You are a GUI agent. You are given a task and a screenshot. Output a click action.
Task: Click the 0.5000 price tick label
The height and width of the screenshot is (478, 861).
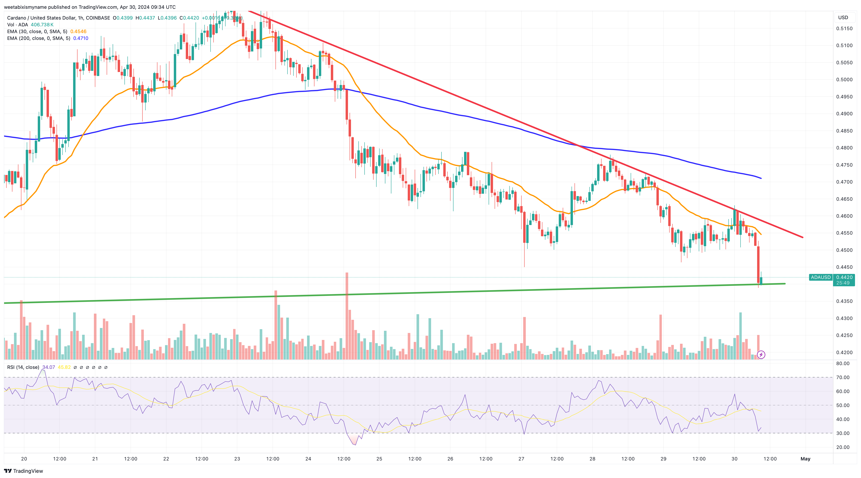coord(844,79)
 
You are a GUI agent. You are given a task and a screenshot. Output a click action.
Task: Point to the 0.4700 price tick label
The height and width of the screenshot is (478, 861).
coord(844,182)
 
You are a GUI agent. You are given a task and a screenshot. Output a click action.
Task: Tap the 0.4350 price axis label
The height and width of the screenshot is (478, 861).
coord(844,301)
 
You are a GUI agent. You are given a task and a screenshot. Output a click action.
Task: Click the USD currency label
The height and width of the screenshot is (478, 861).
coord(843,17)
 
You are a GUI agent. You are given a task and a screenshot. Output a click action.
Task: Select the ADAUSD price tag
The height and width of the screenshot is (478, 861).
coord(821,277)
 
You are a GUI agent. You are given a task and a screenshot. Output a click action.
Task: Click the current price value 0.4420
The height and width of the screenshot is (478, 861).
coord(844,277)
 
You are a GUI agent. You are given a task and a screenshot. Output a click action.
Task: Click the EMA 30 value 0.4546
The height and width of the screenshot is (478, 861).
coord(78,31)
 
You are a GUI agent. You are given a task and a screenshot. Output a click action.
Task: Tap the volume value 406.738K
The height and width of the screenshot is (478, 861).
coord(42,25)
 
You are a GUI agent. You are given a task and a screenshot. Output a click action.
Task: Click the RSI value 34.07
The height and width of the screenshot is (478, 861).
coord(49,367)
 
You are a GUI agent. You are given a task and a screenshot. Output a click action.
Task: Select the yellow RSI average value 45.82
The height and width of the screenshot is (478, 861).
coord(64,367)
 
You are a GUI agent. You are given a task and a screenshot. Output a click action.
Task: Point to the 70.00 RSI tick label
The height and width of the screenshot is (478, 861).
coord(843,377)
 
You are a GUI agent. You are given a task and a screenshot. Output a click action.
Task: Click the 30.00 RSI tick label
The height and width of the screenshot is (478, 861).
coord(843,433)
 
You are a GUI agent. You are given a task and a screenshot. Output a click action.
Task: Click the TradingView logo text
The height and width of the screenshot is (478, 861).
coord(28,471)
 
